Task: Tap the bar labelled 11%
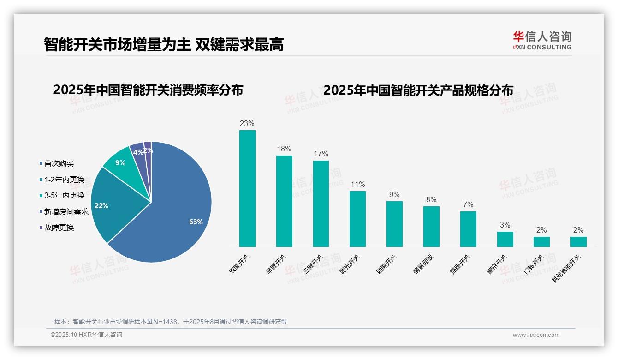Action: pos(357,219)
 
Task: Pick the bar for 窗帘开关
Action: pos(505,239)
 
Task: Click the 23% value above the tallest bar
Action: pos(247,124)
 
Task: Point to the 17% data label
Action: pos(321,154)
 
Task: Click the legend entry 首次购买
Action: pos(59,164)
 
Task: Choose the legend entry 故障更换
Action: pos(59,228)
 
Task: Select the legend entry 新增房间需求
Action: pos(66,212)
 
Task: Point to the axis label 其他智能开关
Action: pos(567,269)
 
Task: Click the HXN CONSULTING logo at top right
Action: pos(542,41)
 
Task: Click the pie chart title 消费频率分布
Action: pos(148,90)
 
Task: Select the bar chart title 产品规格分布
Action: pos(418,90)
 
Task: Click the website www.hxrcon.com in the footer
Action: pos(536,335)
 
